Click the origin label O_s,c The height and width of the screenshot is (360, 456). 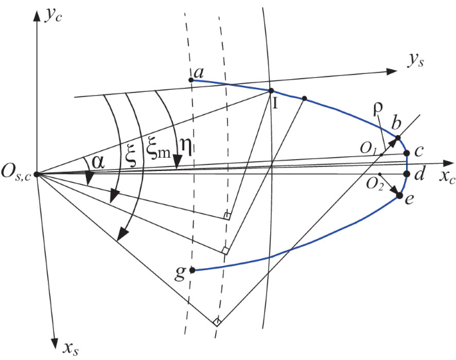coord(17,175)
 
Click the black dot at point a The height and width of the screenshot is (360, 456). coord(191,81)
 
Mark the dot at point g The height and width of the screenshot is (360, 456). coord(192,270)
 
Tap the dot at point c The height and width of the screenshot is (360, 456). coord(406,154)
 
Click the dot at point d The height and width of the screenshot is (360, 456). coord(406,174)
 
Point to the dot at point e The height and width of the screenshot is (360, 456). coord(399,196)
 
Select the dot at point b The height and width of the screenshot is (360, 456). coord(398,138)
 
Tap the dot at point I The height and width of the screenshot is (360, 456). coord(271,91)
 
